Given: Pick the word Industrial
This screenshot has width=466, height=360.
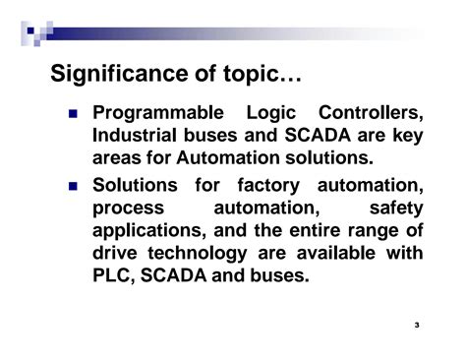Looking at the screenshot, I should pyautogui.click(x=133, y=136).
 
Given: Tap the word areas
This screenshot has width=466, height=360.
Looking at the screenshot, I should pyautogui.click(x=118, y=158).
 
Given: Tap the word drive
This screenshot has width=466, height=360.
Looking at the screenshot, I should pyautogui.click(x=116, y=254).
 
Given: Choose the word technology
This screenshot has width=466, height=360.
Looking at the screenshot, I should pyautogui.click(x=208, y=254).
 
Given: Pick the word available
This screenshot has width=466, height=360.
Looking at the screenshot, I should pyautogui.click(x=347, y=254).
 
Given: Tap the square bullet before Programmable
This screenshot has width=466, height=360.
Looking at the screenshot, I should pyautogui.click(x=74, y=114).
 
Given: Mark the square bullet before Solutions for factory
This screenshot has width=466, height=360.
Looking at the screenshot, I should pyautogui.click(x=74, y=186).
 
